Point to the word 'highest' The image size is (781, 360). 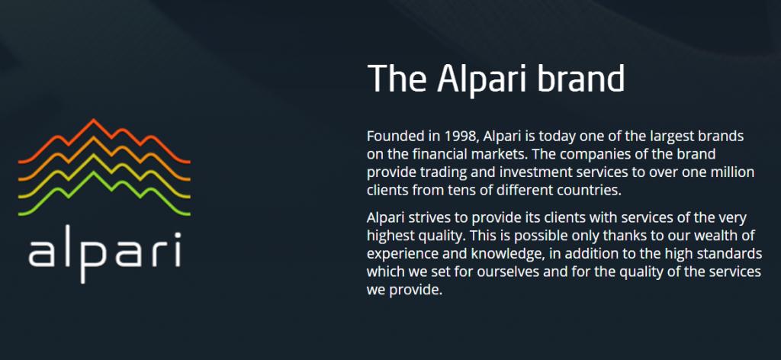[x=393, y=234]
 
